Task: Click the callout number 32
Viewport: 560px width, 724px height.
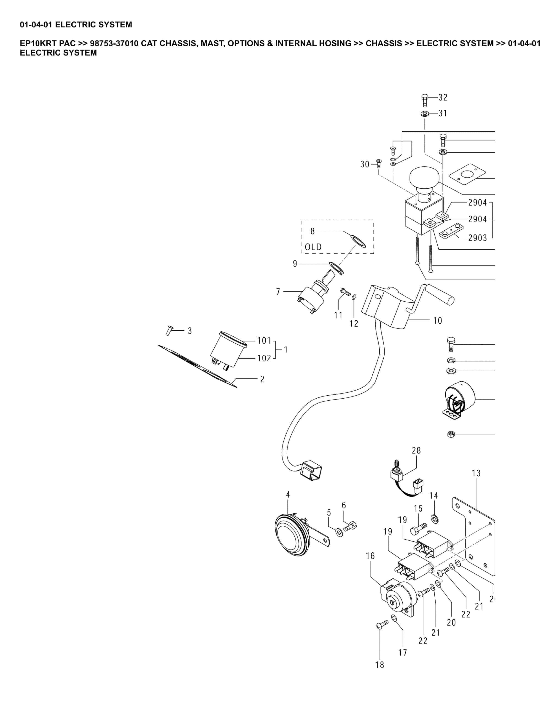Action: click(443, 97)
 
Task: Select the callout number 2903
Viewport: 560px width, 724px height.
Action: click(477, 238)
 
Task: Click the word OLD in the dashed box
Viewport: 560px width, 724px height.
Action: click(313, 247)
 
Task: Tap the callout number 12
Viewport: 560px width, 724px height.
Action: click(354, 324)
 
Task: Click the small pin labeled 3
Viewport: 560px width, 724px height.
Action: click(169, 330)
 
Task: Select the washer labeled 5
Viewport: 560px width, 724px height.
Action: click(339, 533)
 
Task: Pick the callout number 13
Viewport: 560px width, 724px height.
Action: click(476, 473)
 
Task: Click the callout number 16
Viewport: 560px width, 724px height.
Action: click(370, 556)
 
